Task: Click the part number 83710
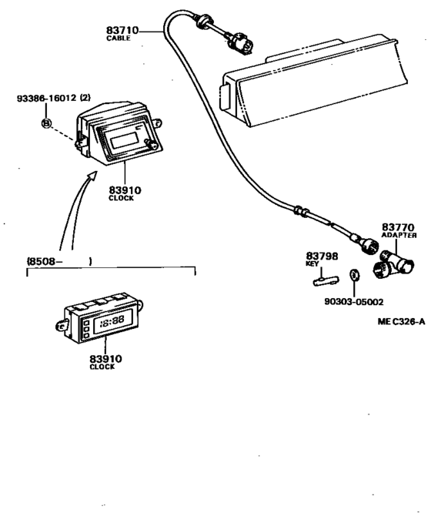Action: coord(122,30)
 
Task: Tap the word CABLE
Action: coord(119,39)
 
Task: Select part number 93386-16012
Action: coord(47,98)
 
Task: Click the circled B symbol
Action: coord(47,123)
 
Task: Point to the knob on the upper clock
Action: coord(152,145)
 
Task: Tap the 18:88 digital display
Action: coord(112,321)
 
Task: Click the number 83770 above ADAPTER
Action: coord(398,227)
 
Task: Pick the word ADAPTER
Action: coord(399,235)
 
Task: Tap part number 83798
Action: coord(322,256)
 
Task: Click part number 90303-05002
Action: coord(354,302)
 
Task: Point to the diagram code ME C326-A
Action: coord(401,321)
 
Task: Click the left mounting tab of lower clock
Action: coord(62,325)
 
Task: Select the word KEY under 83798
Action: coord(312,264)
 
